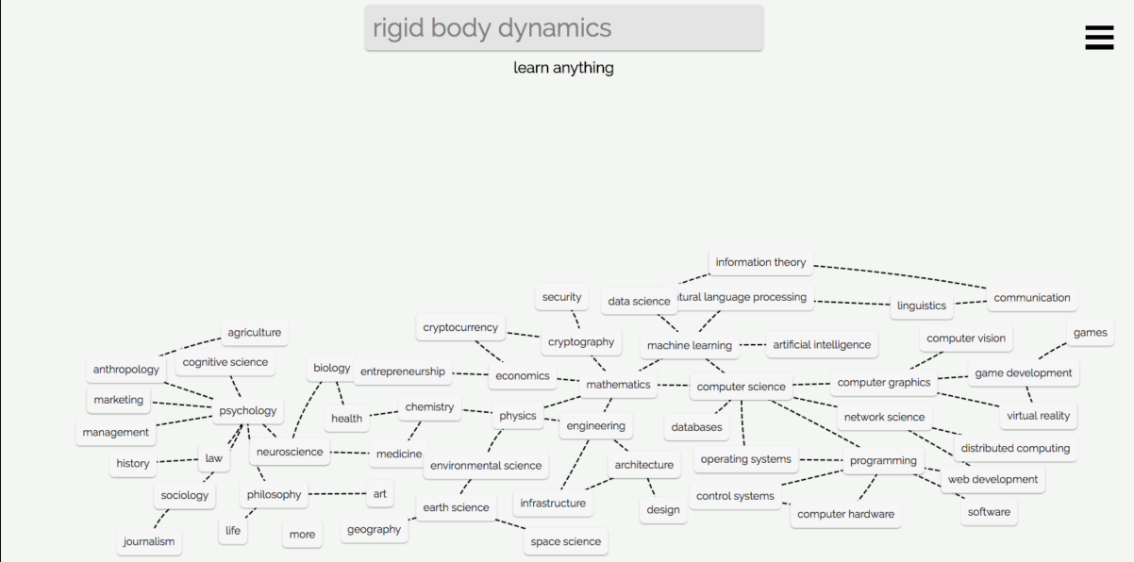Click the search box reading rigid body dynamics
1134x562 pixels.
tap(563, 28)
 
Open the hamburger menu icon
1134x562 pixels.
tap(1099, 37)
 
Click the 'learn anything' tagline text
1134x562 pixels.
tap(563, 68)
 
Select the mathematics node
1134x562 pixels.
tap(618, 385)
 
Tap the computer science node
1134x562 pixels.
tap(741, 387)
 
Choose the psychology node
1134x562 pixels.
tap(248, 411)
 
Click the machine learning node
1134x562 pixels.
tap(689, 346)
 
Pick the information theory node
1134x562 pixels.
tap(760, 262)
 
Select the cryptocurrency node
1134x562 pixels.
tap(460, 328)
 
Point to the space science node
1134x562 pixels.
tap(565, 542)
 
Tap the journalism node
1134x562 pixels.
tap(149, 542)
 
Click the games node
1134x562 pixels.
tap(1090, 333)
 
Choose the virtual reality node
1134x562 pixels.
tap(1038, 416)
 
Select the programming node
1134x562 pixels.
tap(883, 461)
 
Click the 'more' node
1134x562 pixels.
tap(302, 535)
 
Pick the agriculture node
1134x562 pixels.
tap(254, 333)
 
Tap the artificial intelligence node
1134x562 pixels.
tap(822, 345)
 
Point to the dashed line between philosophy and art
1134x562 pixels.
tap(337, 494)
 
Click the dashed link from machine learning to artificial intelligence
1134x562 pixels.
tap(753, 345)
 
